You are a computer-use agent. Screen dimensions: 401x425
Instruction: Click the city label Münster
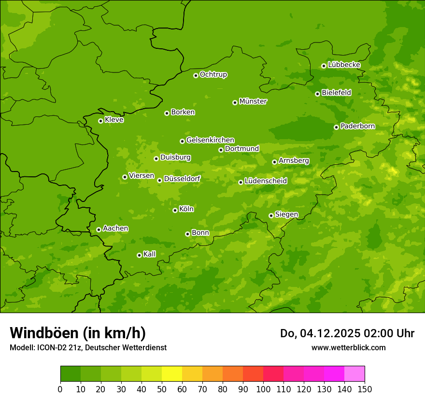253,101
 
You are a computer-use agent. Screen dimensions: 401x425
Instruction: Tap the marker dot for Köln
175,210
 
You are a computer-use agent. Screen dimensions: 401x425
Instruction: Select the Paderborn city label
357,126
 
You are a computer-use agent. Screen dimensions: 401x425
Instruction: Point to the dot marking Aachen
99,229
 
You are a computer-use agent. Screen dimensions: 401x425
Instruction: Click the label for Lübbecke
344,65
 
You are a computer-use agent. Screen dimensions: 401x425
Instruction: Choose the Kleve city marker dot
100,121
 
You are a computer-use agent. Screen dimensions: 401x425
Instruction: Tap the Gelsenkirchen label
210,140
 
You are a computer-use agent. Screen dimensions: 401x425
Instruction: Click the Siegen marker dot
271,215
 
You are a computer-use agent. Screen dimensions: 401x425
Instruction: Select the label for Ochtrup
213,74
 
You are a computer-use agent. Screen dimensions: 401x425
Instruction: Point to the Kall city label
150,254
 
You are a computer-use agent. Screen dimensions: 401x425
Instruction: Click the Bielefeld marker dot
317,94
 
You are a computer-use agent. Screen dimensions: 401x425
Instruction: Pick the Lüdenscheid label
266,181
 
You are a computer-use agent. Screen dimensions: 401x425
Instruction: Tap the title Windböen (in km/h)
78,333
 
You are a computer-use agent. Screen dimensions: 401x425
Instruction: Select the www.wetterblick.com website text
348,347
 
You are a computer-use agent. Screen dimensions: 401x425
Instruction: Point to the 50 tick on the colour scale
162,389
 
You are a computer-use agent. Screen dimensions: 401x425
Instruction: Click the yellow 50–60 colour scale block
172,374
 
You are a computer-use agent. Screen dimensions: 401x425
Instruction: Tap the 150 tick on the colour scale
365,389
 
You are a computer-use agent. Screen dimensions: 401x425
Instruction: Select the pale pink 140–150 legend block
354,374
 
